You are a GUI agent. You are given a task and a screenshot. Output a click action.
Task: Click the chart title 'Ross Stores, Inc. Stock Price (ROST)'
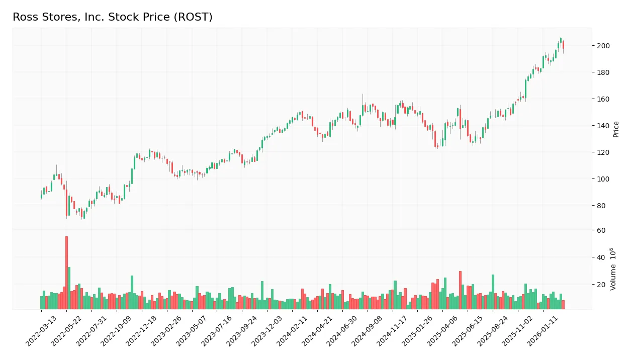coord(113,17)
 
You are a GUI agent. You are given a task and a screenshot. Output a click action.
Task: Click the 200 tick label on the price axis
coord(603,46)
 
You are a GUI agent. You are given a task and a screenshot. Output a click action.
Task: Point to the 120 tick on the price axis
coord(603,152)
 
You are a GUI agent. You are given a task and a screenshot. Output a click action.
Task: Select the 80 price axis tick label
coord(601,206)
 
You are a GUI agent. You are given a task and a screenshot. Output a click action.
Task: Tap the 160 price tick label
coord(603,99)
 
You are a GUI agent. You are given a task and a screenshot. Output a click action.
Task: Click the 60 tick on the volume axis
coord(601,230)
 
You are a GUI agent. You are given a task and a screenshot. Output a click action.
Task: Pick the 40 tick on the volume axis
coord(601,257)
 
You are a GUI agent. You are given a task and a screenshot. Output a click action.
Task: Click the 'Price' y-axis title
coord(616,129)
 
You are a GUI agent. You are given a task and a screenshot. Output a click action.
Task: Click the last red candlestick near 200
coord(563,45)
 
